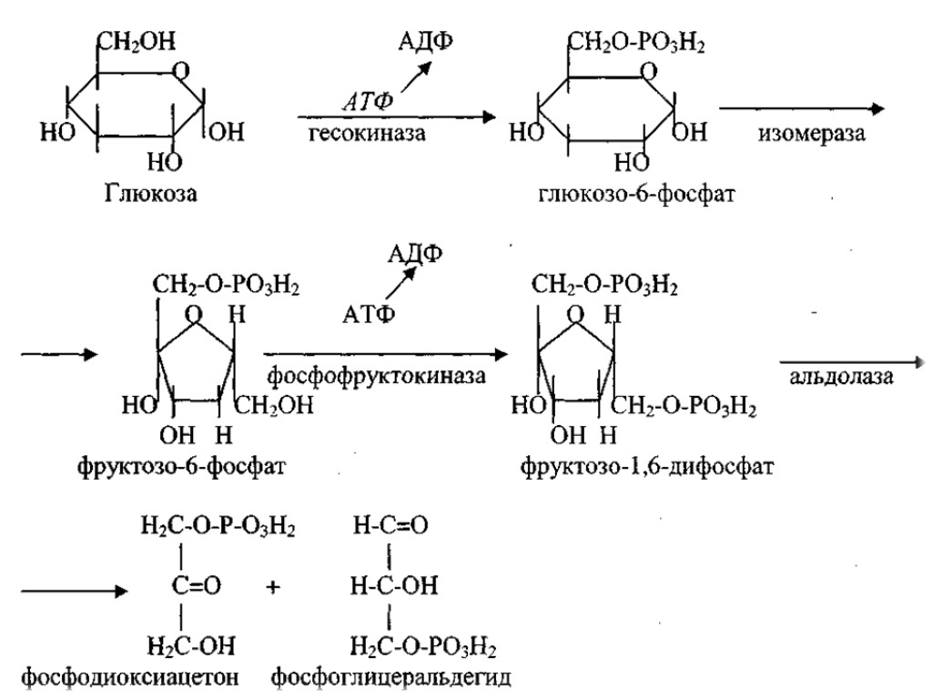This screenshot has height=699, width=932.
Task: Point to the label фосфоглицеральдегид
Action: click(x=391, y=678)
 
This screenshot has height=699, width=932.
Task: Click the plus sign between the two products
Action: click(x=272, y=588)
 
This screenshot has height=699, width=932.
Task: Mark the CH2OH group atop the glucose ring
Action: click(x=137, y=41)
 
